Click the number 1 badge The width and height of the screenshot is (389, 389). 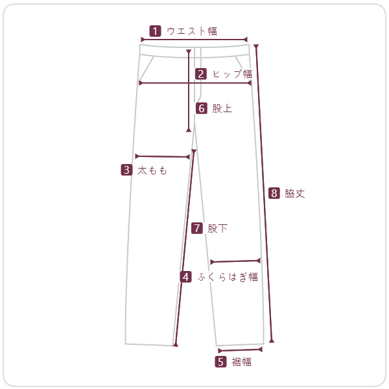point(155,31)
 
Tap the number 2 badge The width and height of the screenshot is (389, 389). point(201,74)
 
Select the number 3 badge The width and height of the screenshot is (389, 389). point(126,170)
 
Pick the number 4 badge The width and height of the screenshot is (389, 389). point(186,277)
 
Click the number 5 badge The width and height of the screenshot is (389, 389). point(220,362)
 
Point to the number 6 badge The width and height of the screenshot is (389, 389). point(202,108)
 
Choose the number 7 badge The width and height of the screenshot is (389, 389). point(197,228)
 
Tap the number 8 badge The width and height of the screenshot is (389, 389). point(274,193)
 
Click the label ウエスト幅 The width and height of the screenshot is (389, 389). point(192,31)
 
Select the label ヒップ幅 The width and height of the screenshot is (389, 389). point(233,74)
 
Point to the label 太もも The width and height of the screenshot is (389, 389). point(152,170)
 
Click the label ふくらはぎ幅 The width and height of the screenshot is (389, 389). point(228,277)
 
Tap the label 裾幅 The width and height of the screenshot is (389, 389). point(241,362)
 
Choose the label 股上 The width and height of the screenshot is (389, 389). point(222,108)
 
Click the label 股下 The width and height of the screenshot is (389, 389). point(218,228)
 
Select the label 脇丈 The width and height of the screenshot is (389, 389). point(295,193)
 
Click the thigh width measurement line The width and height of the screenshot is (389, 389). point(163,156)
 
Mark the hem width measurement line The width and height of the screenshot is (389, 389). point(240,350)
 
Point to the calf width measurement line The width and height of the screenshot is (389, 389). point(235,261)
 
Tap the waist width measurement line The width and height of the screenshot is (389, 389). point(194,40)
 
